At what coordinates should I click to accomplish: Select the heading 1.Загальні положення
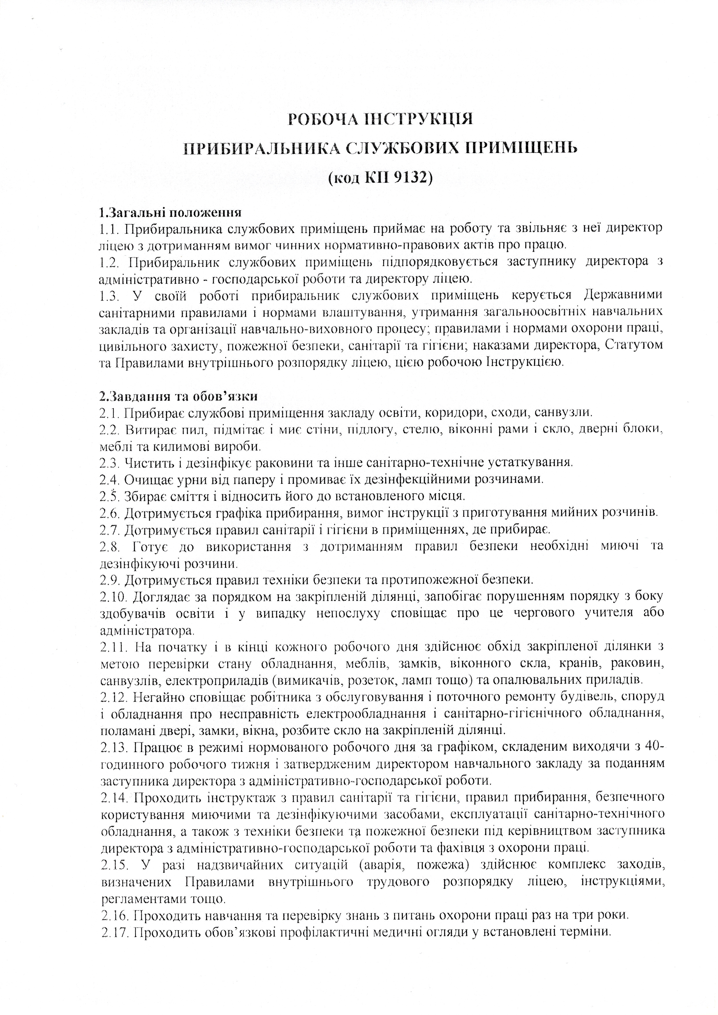170,213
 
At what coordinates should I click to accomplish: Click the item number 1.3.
109,295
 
